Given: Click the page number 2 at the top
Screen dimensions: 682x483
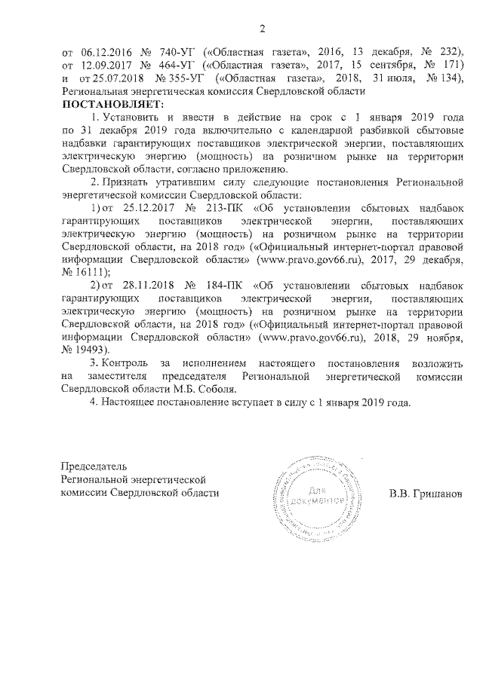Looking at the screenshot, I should [x=263, y=29].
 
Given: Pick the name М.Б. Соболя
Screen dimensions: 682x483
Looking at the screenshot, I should [x=208, y=389].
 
